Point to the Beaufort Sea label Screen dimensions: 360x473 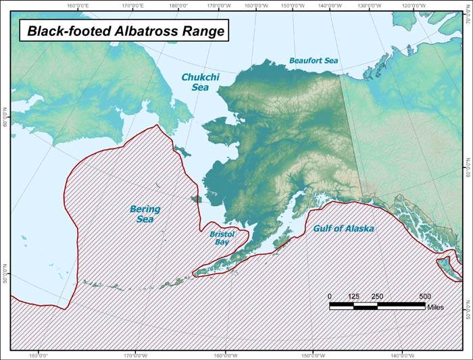pos(314,61)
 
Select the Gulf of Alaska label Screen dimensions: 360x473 pos(343,229)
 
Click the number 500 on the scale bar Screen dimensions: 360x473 pos(424,297)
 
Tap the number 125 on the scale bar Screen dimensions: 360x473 pos(353,297)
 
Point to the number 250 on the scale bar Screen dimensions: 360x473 pos(377,297)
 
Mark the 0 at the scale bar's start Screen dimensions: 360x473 pos(330,297)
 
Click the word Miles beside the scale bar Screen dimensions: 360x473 pos(436,306)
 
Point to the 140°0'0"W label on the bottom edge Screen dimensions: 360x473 pos(403,355)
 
